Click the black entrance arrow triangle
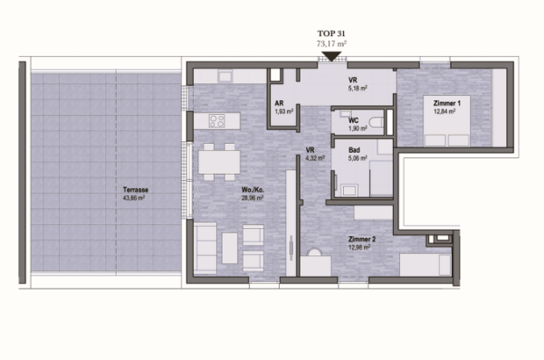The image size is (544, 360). (x=331, y=57)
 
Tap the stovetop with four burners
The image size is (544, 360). (x=217, y=120)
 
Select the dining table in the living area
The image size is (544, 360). (x=219, y=162)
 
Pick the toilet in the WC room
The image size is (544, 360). (x=376, y=122)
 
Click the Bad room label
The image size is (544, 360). (x=353, y=150)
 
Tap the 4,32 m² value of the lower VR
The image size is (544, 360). (x=315, y=159)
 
